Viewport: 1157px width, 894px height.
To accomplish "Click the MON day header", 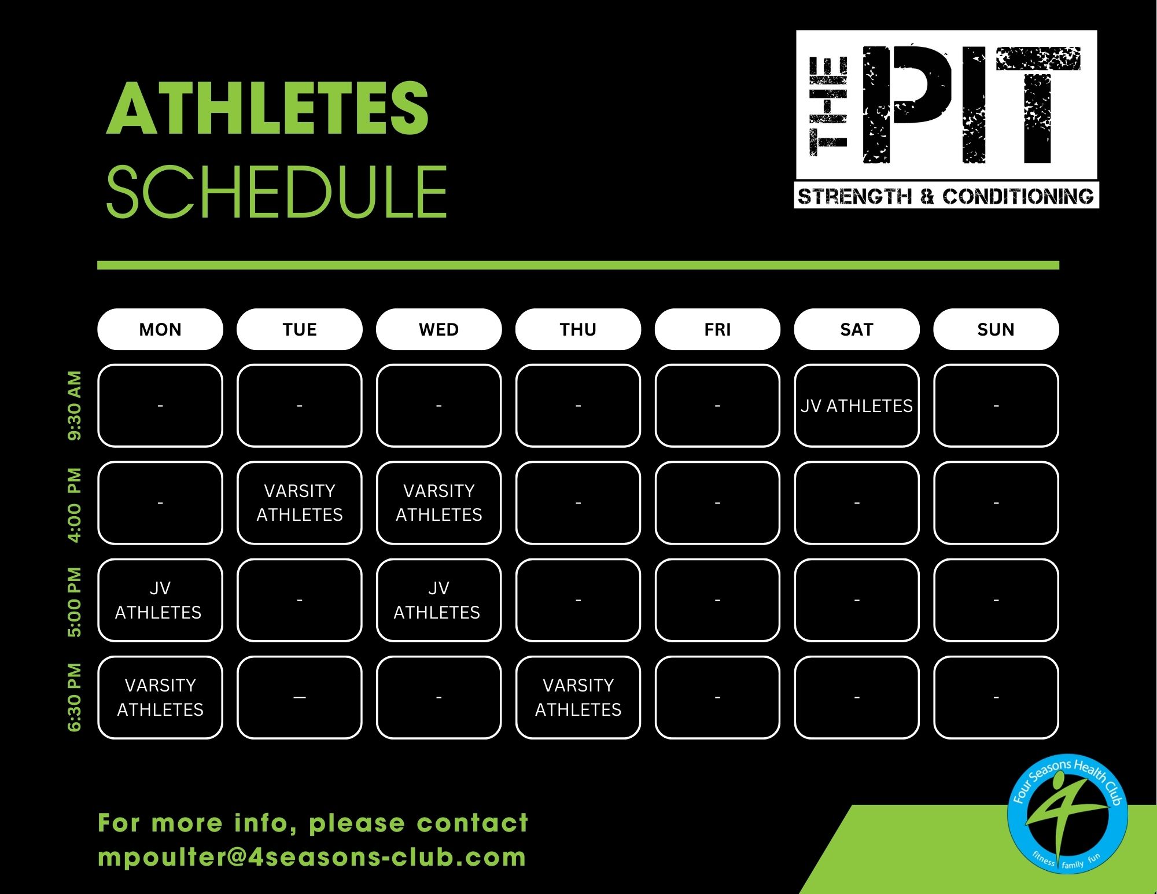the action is click(160, 329).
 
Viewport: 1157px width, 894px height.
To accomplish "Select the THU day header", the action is click(578, 329).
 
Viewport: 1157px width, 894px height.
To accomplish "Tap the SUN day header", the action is click(996, 329).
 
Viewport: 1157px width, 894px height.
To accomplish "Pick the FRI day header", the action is click(717, 329).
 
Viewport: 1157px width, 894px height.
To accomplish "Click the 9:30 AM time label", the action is click(75, 406).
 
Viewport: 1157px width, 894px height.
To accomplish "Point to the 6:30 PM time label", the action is click(75, 697).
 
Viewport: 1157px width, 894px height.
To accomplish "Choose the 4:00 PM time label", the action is click(75, 505).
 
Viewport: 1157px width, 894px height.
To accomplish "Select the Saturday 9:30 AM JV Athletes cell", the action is click(857, 406).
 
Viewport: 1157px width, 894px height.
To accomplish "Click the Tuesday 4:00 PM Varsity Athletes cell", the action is click(300, 503).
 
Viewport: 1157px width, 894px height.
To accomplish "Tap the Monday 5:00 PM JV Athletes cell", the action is click(160, 600).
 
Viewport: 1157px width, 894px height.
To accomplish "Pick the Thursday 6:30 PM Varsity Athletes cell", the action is click(578, 697).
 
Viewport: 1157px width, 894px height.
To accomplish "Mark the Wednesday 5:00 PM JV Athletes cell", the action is click(439, 600).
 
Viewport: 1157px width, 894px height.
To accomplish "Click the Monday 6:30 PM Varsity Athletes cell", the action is click(160, 697).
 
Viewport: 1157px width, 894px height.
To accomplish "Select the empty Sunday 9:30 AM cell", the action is click(996, 406).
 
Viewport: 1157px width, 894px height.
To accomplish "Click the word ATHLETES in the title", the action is click(267, 108).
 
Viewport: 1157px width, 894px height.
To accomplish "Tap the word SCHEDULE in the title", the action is click(277, 192).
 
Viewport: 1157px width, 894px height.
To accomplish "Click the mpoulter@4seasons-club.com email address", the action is click(312, 857).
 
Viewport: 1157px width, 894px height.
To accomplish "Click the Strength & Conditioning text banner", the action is click(946, 197).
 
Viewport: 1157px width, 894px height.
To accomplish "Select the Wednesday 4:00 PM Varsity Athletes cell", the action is click(439, 503).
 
